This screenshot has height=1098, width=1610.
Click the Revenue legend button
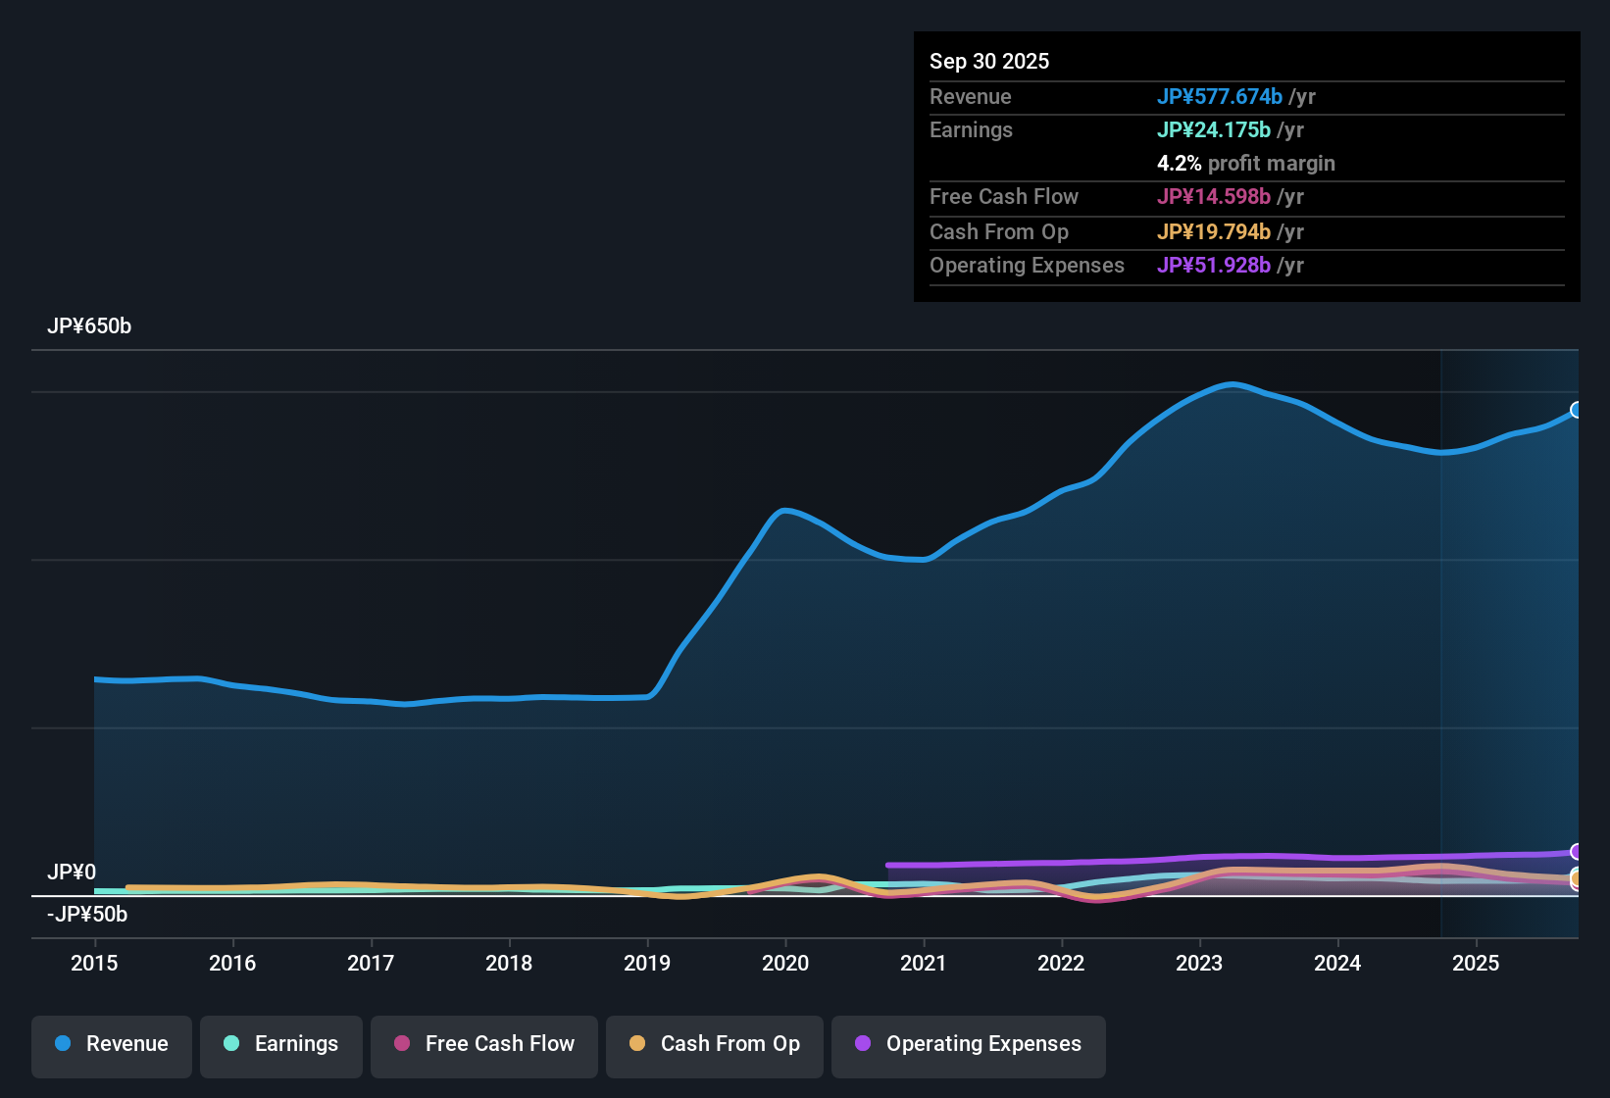coord(112,1044)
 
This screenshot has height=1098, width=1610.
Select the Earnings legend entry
coord(281,1044)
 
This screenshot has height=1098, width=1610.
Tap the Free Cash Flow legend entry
coord(484,1044)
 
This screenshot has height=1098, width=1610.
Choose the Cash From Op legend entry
coord(715,1044)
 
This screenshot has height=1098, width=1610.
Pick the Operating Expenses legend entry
coord(969,1044)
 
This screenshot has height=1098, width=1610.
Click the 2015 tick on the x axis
coord(94,963)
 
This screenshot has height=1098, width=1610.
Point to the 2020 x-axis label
coord(785,963)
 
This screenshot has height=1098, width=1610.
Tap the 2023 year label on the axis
coord(1199,963)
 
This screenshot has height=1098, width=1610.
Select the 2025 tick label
coord(1476,963)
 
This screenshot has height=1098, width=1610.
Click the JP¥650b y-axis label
coord(89,326)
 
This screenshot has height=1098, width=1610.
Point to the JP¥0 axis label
coord(72,873)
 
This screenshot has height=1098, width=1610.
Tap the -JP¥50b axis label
coord(87,915)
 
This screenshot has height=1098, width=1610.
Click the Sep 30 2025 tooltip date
coord(989,62)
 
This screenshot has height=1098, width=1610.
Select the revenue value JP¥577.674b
coord(1219,97)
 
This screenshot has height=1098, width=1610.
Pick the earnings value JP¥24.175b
coord(1213,130)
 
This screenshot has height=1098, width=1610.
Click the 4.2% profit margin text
coord(1245,164)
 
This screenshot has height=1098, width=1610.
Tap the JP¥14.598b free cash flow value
coord(1213,197)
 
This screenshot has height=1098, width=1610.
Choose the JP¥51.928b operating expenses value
coord(1213,266)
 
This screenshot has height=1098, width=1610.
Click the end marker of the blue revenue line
coord(1577,410)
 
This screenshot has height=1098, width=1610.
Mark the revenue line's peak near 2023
coord(1232,384)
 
